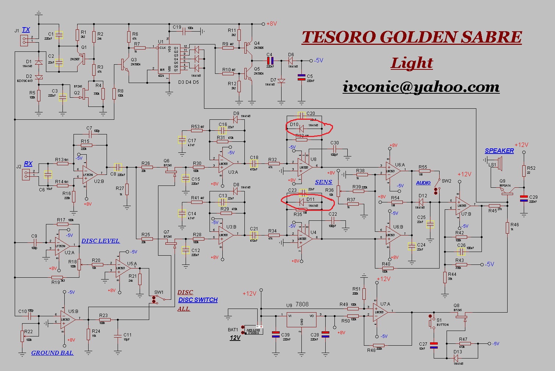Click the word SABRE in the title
[x=491, y=37]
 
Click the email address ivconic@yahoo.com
[x=421, y=87]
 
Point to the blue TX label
[x=26, y=30]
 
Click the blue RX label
[x=28, y=164]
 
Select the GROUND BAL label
[x=52, y=353]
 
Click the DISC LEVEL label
[x=100, y=241]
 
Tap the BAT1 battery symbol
[x=254, y=330]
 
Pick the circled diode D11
[x=302, y=202]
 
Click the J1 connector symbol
[x=25, y=41]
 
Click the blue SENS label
[x=323, y=182]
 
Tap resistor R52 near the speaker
[x=524, y=170]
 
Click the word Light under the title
[x=412, y=63]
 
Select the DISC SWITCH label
[x=198, y=300]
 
